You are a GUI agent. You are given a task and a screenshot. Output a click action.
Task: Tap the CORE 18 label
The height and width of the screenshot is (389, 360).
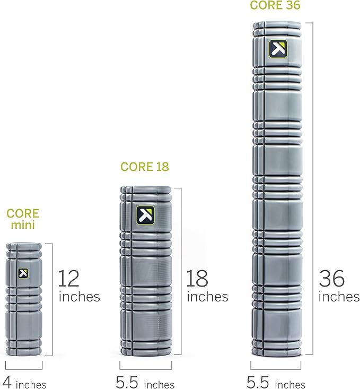[x=144, y=167]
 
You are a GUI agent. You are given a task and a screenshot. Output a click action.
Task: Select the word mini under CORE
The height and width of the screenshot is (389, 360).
[x=23, y=225]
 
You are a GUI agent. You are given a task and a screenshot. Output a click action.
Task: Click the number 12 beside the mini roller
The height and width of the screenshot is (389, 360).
[x=68, y=278]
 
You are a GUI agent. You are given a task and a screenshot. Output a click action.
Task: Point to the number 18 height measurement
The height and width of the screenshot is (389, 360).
[x=197, y=278]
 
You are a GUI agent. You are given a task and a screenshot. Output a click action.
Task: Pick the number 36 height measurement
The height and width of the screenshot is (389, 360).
[x=331, y=278]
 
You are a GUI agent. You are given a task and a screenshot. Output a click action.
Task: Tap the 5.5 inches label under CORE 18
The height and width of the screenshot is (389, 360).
[x=145, y=383]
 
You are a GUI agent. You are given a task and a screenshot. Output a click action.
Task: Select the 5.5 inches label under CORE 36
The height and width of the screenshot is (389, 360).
[x=276, y=383]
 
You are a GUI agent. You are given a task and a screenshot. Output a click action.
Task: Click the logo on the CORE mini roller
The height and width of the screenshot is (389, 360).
[x=23, y=273]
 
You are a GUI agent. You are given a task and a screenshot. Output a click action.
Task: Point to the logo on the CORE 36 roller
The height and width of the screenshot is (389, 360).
[x=277, y=48]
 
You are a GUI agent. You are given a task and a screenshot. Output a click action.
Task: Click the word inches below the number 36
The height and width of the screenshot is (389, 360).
[x=339, y=296]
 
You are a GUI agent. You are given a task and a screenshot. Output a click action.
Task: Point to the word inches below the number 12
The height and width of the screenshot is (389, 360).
[x=80, y=296]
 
